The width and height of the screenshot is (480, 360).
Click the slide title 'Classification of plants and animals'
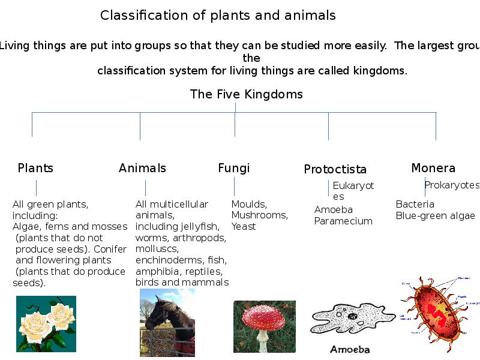(x=218, y=16)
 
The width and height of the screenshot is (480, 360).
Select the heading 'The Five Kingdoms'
(x=246, y=94)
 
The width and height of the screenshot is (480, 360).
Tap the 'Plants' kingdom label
(x=35, y=168)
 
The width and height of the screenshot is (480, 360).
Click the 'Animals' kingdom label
(x=142, y=168)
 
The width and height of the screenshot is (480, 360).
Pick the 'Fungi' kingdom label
(x=233, y=168)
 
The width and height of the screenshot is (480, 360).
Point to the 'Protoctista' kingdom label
(x=335, y=170)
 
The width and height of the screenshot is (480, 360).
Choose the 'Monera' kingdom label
(x=433, y=168)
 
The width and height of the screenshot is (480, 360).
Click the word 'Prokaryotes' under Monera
(x=452, y=185)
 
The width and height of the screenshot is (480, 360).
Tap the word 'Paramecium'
(x=343, y=221)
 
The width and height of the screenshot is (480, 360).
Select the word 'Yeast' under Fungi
(x=244, y=226)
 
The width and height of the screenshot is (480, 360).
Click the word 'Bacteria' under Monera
(x=415, y=205)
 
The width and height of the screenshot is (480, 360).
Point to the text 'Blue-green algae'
(x=435, y=216)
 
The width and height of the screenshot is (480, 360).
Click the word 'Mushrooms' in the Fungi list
(x=259, y=215)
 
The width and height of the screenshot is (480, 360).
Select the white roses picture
(x=46, y=323)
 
